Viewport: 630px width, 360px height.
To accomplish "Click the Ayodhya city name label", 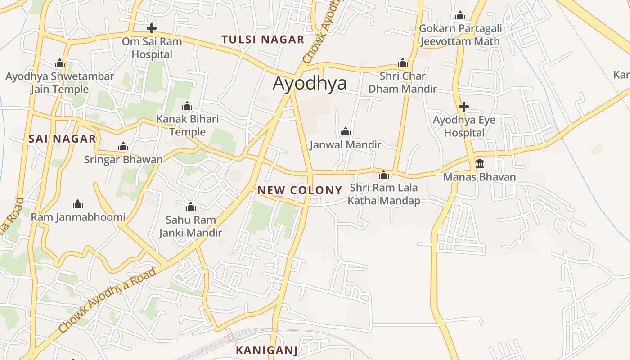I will [310, 84].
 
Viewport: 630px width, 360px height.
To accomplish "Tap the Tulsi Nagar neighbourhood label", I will [263, 40].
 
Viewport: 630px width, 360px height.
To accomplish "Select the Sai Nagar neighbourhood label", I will [62, 139].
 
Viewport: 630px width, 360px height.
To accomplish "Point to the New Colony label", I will [300, 190].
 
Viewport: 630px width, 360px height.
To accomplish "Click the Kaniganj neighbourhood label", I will [267, 350].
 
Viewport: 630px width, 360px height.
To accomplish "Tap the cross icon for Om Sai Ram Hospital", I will [152, 28].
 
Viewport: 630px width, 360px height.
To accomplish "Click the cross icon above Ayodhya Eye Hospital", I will [464, 107].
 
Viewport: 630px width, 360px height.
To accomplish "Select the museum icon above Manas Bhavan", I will [480, 163].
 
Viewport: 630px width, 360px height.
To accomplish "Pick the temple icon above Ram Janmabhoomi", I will [78, 204].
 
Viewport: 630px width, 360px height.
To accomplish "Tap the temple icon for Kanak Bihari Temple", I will [187, 107].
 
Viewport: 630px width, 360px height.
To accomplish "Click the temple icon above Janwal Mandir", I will [346, 131].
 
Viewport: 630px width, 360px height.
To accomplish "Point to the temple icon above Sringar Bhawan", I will [123, 147].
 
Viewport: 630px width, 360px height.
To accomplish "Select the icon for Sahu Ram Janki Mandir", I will [191, 207].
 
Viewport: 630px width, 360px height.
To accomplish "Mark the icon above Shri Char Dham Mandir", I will [403, 63].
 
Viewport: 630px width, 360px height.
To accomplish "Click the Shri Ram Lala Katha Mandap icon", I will [384, 175].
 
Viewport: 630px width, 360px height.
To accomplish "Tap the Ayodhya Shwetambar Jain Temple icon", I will [60, 63].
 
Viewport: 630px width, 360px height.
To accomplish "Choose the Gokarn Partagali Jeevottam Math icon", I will [460, 16].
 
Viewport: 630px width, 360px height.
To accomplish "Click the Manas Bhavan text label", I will [480, 177].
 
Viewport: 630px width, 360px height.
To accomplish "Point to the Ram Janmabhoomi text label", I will [78, 217].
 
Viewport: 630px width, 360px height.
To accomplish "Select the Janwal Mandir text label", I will [346, 145].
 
